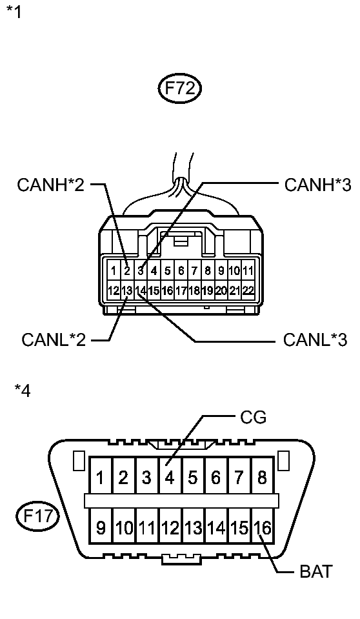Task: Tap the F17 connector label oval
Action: (x=38, y=516)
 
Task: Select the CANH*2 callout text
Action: (x=50, y=185)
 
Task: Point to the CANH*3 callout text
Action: (x=318, y=185)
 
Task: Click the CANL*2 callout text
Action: (x=54, y=339)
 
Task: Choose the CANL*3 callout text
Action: (x=315, y=339)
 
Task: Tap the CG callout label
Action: (x=253, y=417)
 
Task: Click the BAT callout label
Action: (x=316, y=571)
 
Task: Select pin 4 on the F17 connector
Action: (x=170, y=476)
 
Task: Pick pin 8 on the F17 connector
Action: (x=262, y=476)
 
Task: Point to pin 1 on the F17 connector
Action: (x=101, y=476)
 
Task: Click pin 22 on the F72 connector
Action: (x=248, y=290)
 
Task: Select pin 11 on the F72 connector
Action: (x=248, y=270)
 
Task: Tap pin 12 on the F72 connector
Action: (x=114, y=290)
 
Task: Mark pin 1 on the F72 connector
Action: (x=114, y=270)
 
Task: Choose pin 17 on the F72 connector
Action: (x=181, y=290)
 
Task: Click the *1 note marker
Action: (x=14, y=12)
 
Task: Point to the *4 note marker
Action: (x=22, y=390)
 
